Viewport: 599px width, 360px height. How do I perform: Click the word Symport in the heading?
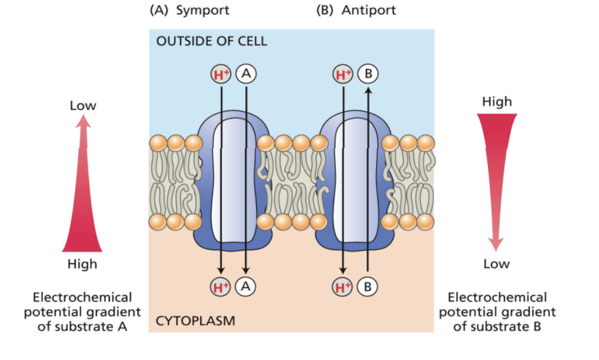[x=203, y=11]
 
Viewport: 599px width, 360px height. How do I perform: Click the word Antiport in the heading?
[x=369, y=11]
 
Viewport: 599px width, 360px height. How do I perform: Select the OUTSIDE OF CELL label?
[x=212, y=41]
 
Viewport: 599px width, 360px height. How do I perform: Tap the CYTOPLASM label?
[x=195, y=321]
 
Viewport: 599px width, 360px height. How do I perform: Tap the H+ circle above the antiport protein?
[x=343, y=74]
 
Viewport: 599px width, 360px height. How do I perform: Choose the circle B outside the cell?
[x=368, y=74]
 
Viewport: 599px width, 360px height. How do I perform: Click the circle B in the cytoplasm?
[x=368, y=286]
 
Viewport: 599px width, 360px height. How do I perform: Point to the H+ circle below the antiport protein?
[x=343, y=286]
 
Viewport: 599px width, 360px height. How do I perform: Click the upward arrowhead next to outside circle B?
[x=368, y=90]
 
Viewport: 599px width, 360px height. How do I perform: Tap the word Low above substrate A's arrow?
[x=83, y=106]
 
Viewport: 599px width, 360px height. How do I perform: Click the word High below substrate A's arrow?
[x=82, y=264]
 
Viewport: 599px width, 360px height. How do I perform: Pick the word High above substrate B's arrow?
[x=497, y=102]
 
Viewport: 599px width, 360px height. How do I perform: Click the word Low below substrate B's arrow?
[x=496, y=264]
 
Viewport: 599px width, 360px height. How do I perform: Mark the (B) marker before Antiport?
[x=326, y=11]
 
